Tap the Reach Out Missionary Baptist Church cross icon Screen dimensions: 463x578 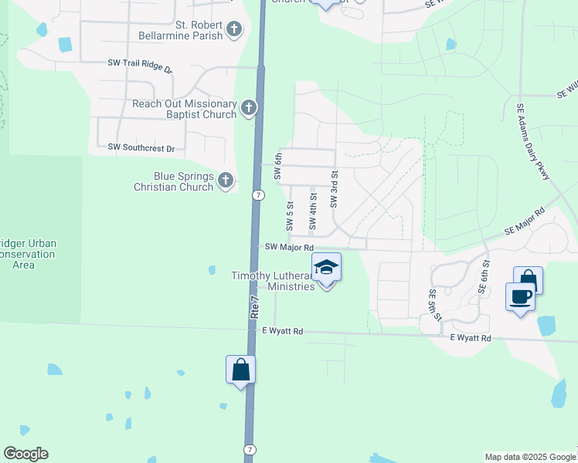tap(248, 108)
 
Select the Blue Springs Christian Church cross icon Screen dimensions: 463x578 tap(226, 181)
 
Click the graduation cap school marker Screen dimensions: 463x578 tap(326, 268)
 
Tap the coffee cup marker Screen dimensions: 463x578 tap(520, 296)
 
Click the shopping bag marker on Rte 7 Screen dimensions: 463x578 tap(240, 369)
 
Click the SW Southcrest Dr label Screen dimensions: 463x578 tap(141, 147)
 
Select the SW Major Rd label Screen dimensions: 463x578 tap(287, 247)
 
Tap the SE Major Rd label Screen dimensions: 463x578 tap(525, 221)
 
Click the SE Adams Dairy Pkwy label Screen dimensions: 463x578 tap(533, 144)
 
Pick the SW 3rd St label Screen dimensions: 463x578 tap(335, 190)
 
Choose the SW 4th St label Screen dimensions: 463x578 tap(313, 211)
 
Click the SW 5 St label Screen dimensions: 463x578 tap(290, 216)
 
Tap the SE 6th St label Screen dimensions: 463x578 tap(484, 275)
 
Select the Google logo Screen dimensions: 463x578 tap(25, 454)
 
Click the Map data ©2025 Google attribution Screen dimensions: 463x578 tap(529, 457)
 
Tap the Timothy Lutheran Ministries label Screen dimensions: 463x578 tap(273, 281)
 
